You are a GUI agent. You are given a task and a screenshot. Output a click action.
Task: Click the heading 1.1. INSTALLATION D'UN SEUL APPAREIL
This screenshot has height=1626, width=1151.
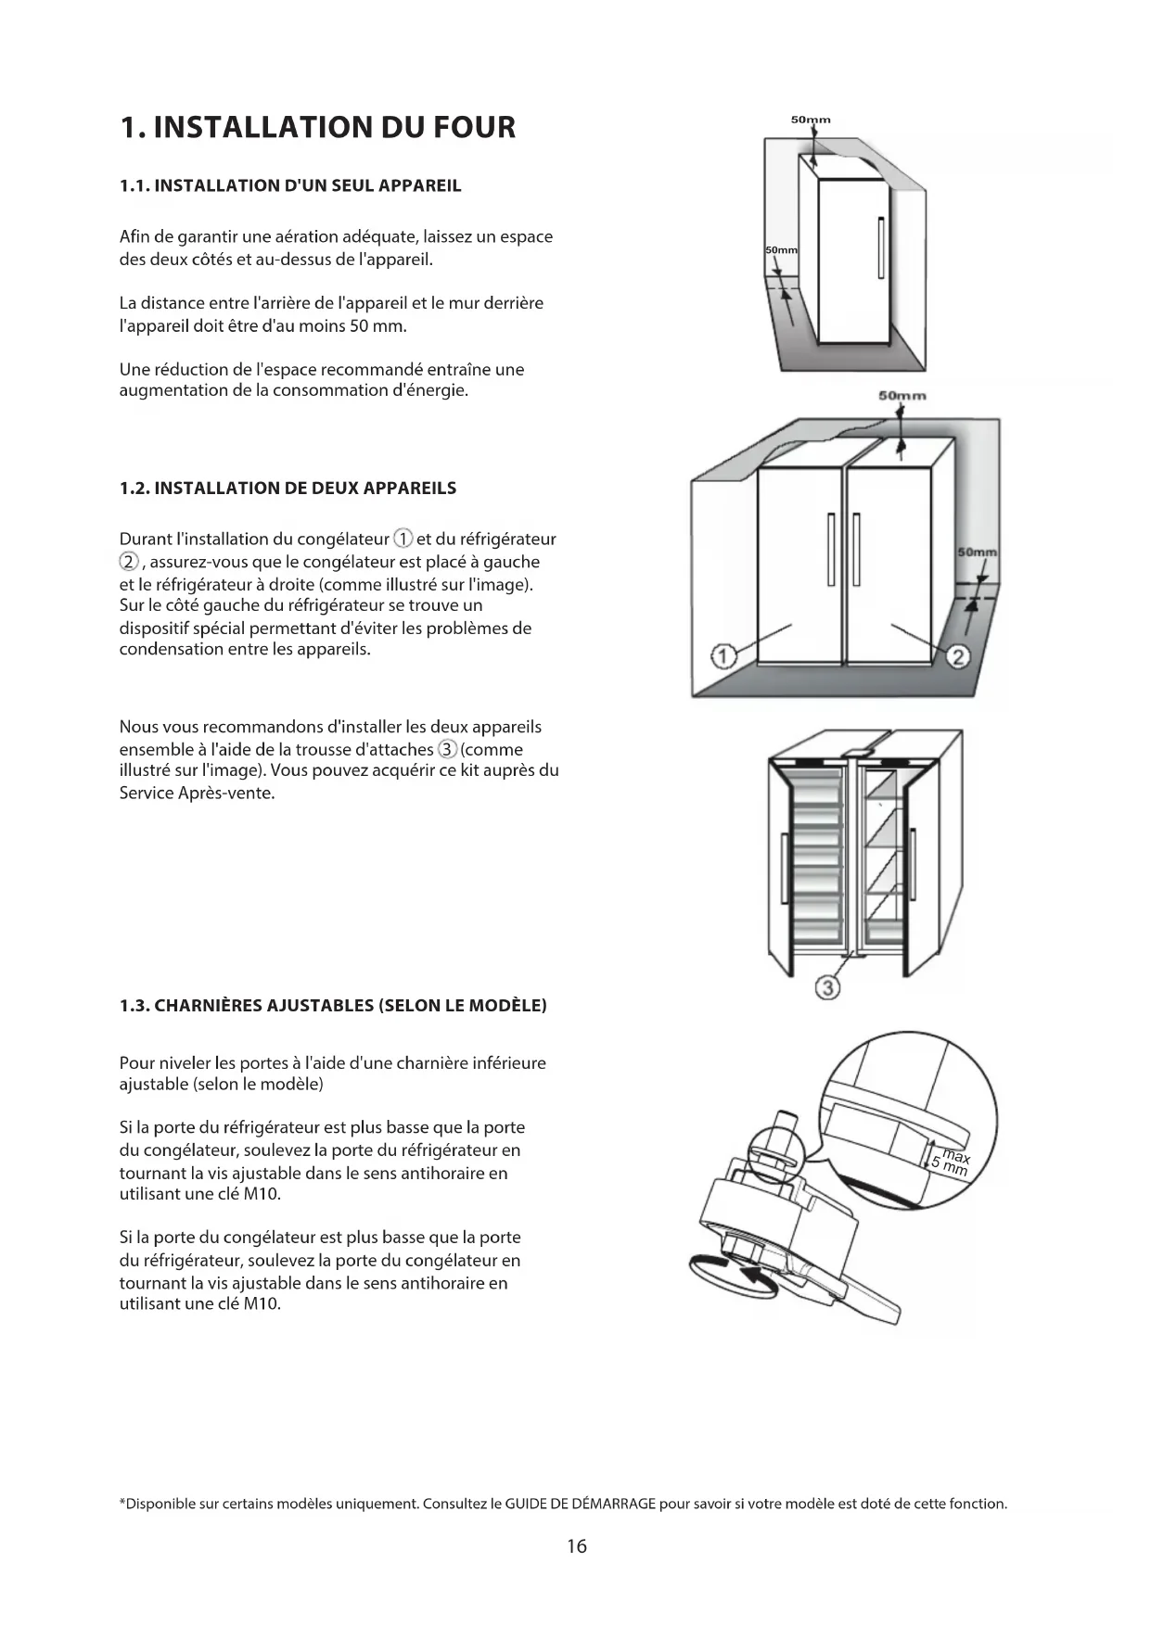click(290, 185)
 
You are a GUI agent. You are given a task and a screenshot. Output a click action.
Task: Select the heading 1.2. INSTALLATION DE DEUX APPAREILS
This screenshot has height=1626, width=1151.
click(288, 488)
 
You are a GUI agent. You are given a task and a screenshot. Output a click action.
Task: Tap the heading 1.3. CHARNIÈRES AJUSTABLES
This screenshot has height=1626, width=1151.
click(333, 1006)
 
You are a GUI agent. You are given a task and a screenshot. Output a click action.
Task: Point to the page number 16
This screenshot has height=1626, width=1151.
click(576, 1545)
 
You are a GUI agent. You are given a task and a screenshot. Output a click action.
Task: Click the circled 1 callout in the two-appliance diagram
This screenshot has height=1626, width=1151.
click(723, 656)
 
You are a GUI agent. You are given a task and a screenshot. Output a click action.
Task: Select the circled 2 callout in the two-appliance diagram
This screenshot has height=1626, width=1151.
click(958, 657)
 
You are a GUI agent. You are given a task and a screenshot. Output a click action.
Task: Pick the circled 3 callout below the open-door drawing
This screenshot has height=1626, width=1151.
click(827, 988)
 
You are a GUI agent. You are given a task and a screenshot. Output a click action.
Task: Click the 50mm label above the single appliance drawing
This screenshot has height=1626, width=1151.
click(811, 120)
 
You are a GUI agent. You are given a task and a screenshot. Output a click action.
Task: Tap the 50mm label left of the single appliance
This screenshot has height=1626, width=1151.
click(781, 251)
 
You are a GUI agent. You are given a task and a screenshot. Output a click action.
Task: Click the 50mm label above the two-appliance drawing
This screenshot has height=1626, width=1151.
click(902, 396)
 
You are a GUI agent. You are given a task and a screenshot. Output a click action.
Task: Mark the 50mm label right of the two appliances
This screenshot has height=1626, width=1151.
click(977, 553)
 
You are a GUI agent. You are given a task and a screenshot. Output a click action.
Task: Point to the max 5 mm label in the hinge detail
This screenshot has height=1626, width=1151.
click(952, 1162)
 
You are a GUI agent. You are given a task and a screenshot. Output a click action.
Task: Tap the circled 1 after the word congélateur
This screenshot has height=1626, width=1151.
click(403, 539)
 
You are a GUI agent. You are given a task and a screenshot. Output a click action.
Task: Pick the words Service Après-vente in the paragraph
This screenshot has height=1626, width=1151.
click(197, 794)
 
